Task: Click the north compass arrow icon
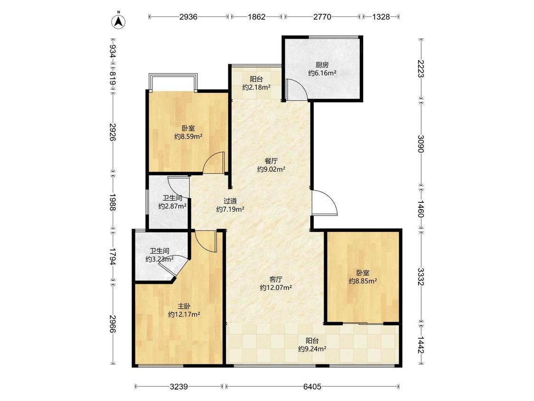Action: pyautogui.click(x=119, y=21)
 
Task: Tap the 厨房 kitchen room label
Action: pyautogui.click(x=322, y=65)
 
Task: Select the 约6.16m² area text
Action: pyautogui.click(x=322, y=73)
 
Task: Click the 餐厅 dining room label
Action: pyautogui.click(x=271, y=161)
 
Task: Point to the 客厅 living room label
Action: pyautogui.click(x=276, y=279)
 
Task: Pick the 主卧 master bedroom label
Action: pyautogui.click(x=184, y=306)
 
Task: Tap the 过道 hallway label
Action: pyautogui.click(x=230, y=201)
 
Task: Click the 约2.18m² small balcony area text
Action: pyautogui.click(x=256, y=87)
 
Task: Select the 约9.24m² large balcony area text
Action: pyautogui.click(x=312, y=349)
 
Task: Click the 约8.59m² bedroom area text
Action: pyautogui.click(x=188, y=137)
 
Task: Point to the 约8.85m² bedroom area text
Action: pyautogui.click(x=363, y=281)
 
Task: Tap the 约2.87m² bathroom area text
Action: pyautogui.click(x=172, y=206)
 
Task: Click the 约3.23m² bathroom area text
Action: pyautogui.click(x=159, y=259)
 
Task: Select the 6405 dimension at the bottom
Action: pyautogui.click(x=312, y=387)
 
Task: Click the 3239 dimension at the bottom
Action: pyautogui.click(x=179, y=387)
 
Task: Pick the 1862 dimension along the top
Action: pyautogui.click(x=256, y=17)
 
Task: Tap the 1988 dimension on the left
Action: pyautogui.click(x=112, y=202)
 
